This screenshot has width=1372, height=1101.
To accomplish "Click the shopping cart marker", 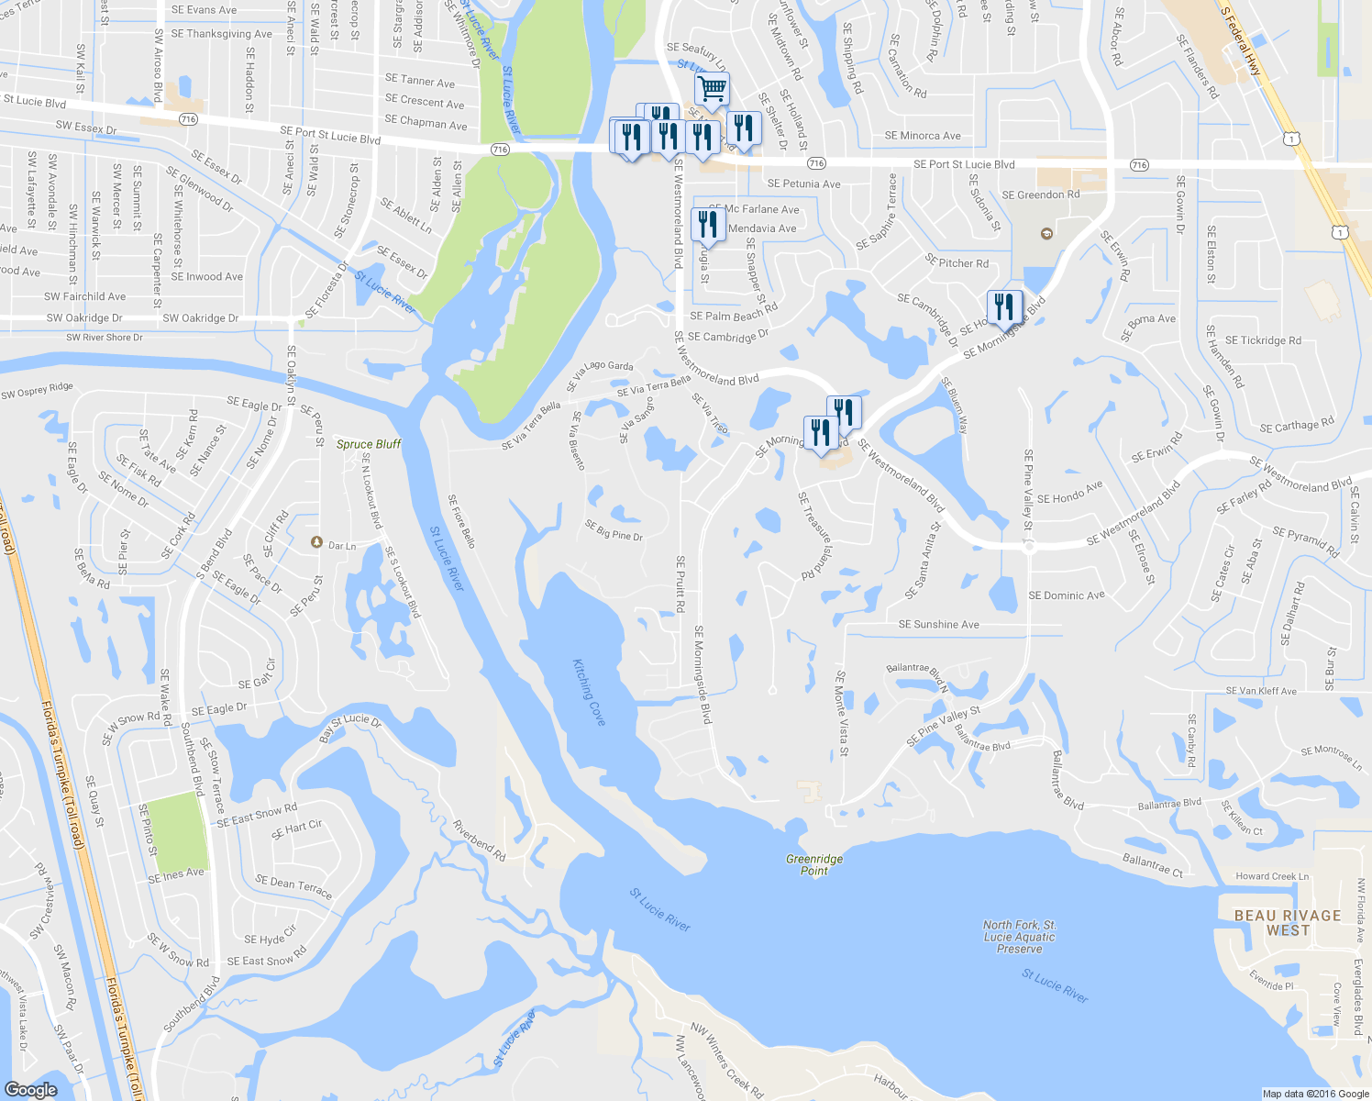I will pyautogui.click(x=712, y=89).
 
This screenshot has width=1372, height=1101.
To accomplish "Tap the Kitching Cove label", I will pyautogui.click(x=589, y=692).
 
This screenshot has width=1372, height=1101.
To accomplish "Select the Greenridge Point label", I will pyautogui.click(x=814, y=865).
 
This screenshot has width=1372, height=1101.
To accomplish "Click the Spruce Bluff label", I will pyautogui.click(x=368, y=444).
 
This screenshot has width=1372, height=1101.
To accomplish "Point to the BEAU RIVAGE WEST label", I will pyautogui.click(x=1288, y=923).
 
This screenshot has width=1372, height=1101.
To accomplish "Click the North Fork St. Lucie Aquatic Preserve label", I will pyautogui.click(x=1019, y=937).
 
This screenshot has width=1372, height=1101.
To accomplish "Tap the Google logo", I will pyautogui.click(x=30, y=1089).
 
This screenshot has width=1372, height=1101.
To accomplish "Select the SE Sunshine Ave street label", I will pyautogui.click(x=938, y=625).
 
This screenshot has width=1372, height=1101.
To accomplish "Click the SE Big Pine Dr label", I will pyautogui.click(x=614, y=530).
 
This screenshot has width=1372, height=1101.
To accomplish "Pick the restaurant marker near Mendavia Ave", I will pyautogui.click(x=707, y=223).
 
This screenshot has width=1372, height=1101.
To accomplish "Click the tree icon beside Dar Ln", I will pyautogui.click(x=316, y=542).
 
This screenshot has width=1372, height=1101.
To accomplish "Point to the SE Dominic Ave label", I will pyautogui.click(x=1067, y=595).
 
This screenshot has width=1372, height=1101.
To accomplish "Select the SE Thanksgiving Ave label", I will pyautogui.click(x=221, y=34).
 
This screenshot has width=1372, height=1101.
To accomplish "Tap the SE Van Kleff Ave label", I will pyautogui.click(x=1261, y=691).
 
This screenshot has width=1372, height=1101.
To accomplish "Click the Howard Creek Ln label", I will pyautogui.click(x=1272, y=876).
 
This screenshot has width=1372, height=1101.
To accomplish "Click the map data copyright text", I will pyautogui.click(x=1315, y=1094).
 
